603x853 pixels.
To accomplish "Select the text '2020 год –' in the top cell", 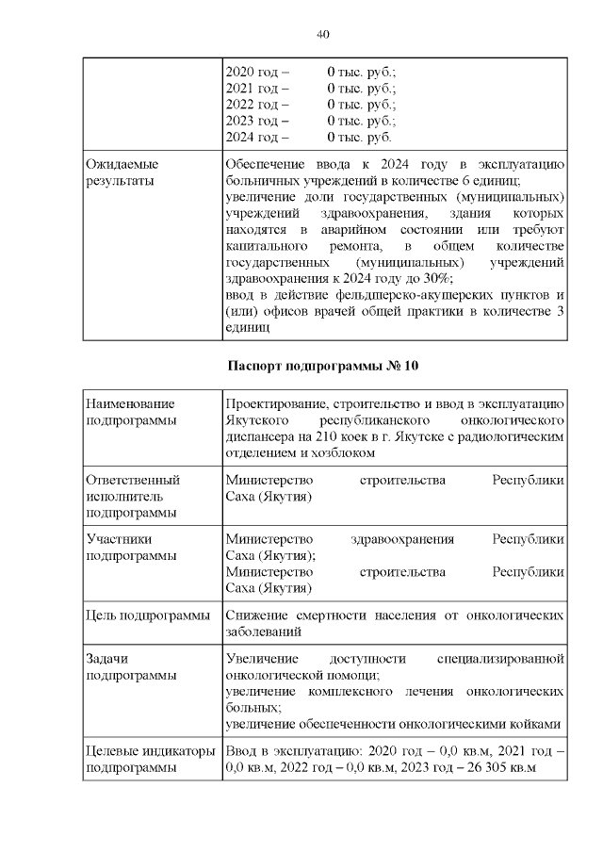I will (x=256, y=71).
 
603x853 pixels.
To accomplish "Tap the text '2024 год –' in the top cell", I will (x=256, y=138).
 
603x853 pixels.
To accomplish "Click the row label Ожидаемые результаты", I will (x=122, y=172).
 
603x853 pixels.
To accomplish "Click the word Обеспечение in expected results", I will (x=267, y=164).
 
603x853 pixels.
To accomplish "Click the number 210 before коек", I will (x=352, y=436).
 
